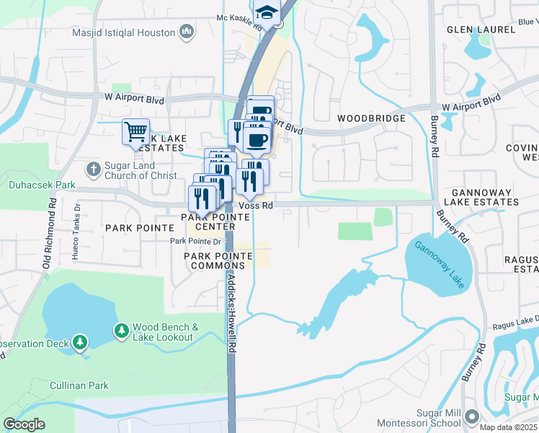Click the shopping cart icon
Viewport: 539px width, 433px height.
pyautogui.click(x=135, y=132)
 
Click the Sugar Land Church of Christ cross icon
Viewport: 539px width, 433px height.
pyautogui.click(x=93, y=170)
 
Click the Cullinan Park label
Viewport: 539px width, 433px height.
pyautogui.click(x=79, y=385)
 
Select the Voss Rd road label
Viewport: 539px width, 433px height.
pyautogui.click(x=257, y=206)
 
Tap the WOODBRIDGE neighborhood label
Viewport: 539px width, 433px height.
pyautogui.click(x=368, y=118)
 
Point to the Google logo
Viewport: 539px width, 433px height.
pyautogui.click(x=24, y=424)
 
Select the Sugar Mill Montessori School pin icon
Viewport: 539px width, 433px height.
pyautogui.click(x=472, y=416)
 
